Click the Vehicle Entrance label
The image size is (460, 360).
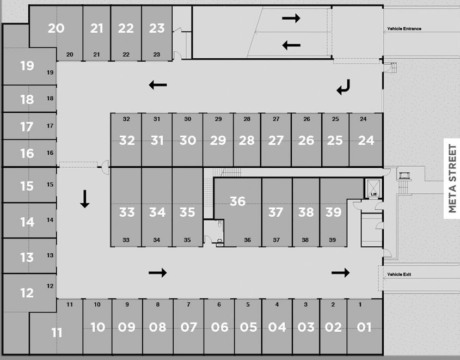click(x=404, y=29)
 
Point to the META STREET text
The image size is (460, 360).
click(x=452, y=179)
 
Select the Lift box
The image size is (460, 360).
click(x=373, y=188)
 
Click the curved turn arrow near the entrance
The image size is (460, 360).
click(x=344, y=87)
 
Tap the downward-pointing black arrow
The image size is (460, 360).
click(x=84, y=198)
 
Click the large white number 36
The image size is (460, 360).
click(x=237, y=201)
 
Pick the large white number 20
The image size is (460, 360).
click(x=56, y=28)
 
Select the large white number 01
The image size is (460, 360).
click(x=364, y=327)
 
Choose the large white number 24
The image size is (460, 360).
click(x=366, y=140)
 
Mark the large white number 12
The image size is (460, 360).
click(x=27, y=293)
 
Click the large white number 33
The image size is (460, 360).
click(x=127, y=211)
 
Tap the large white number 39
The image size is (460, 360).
click(x=333, y=211)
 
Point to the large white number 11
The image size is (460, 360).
click(x=57, y=332)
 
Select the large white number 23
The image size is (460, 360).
click(x=157, y=28)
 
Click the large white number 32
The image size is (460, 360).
click(x=127, y=140)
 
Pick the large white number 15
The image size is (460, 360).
click(x=27, y=186)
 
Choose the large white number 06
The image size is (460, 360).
click(x=220, y=327)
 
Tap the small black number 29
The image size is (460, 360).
click(x=218, y=119)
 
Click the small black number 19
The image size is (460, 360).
click(x=50, y=72)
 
